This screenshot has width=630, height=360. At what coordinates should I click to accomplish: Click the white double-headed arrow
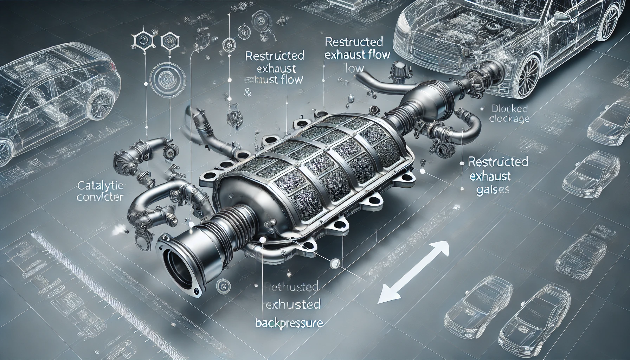(415, 268)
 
